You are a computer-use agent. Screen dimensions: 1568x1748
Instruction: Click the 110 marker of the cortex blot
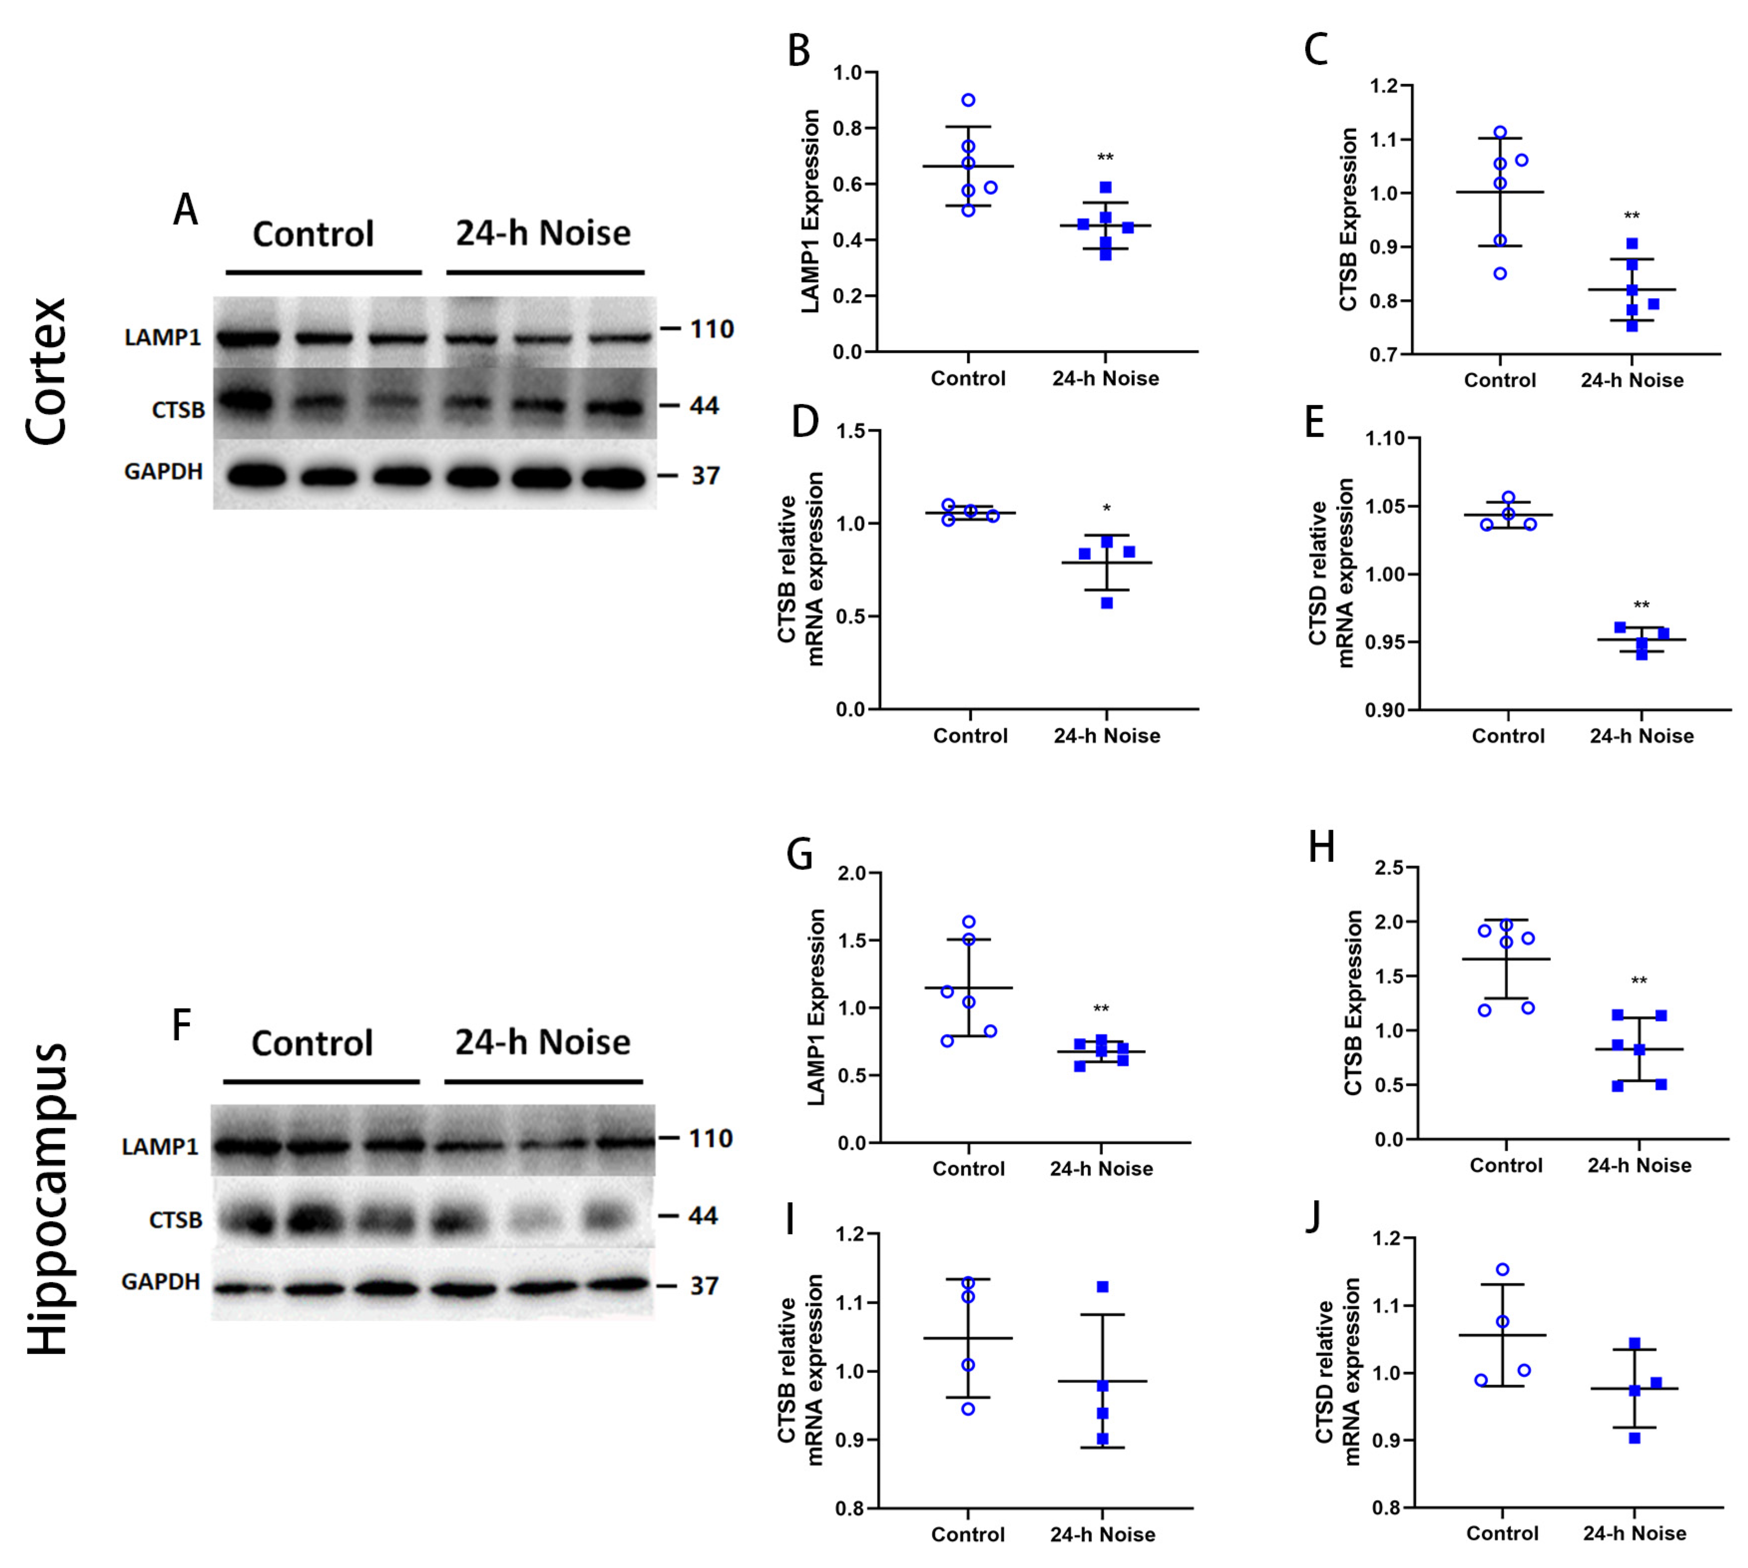pyautogui.click(x=711, y=329)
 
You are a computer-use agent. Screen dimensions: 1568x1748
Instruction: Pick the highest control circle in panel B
pyautogui.click(x=968, y=100)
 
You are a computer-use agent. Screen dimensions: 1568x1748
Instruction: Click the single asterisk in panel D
pyautogui.click(x=1107, y=509)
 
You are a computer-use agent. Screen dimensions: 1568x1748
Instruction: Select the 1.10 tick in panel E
pyautogui.click(x=1385, y=439)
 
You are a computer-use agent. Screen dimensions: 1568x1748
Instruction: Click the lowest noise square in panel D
pyautogui.click(x=1107, y=603)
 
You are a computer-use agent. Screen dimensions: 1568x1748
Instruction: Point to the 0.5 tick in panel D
pyautogui.click(x=852, y=617)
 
